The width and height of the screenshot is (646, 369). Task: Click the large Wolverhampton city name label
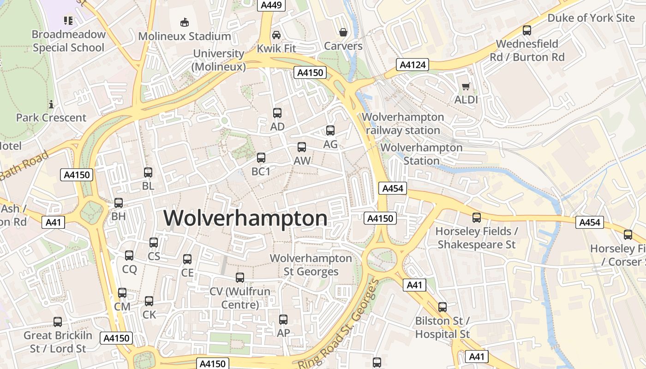coord(245,218)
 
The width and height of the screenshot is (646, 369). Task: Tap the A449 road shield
coord(272,5)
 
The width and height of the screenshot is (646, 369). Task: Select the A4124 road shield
coord(413,65)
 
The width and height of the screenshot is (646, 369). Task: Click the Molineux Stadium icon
coord(185,22)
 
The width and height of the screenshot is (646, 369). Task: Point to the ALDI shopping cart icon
coord(466,86)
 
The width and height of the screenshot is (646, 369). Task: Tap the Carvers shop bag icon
coord(343,32)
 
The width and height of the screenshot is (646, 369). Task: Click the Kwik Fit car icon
coord(276,35)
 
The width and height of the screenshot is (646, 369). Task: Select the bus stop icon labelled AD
coord(277,113)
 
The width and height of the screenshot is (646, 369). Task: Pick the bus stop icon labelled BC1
coord(261,158)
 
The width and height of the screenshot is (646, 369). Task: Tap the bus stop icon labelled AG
coord(330,131)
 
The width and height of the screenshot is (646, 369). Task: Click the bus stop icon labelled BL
coord(148,173)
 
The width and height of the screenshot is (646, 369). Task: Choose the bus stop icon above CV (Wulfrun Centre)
coord(239,278)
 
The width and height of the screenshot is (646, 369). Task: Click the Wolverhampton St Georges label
coord(311,265)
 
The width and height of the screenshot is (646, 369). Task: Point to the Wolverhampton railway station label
coord(403,124)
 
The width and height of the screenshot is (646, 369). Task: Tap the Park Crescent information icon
coord(51,104)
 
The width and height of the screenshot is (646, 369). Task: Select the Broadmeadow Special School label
coord(68,41)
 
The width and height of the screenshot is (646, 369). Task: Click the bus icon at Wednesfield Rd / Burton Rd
coord(526,30)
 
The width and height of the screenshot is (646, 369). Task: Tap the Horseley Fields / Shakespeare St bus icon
coord(476,217)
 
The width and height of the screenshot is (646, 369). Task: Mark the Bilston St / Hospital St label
coord(442,327)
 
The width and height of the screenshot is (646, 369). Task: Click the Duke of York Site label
coord(591,18)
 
